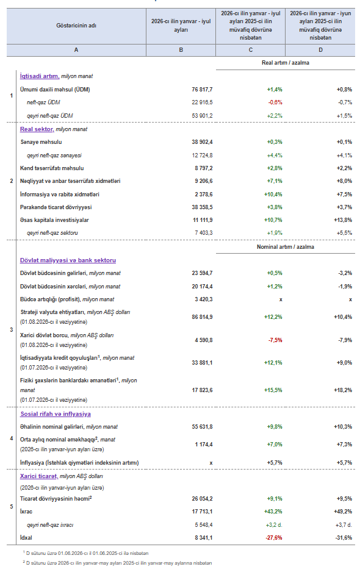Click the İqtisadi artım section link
[40, 76]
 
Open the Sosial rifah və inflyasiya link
[56, 414]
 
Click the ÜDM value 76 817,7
[202, 90]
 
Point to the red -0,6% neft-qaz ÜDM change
[275, 102]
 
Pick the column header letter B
[181, 50]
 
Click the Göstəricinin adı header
[76, 26]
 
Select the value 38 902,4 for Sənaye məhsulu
[202, 142]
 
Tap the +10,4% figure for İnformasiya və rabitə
[273, 195]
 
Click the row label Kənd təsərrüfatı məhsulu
[52, 168]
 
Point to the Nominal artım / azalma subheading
[286, 247]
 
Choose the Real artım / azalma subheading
[286, 63]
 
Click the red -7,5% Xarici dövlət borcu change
[275, 340]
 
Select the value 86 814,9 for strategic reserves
[202, 317]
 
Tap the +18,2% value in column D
[343, 390]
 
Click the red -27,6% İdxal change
[274, 538]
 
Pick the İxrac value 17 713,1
[202, 512]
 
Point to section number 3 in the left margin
[12, 330]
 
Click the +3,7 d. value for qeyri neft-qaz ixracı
[344, 525]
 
